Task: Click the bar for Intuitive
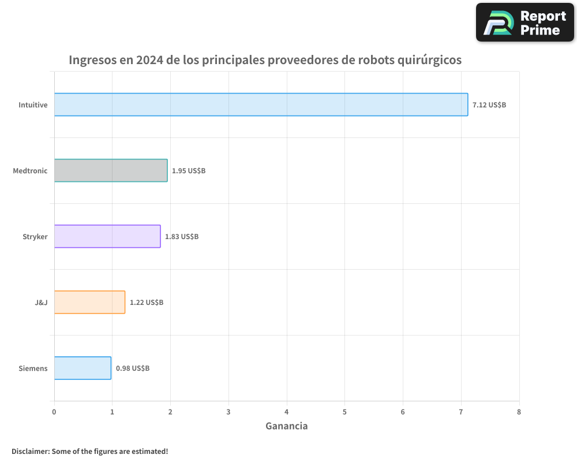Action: [x=261, y=105]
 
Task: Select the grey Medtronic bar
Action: [x=111, y=170]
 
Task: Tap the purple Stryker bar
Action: [x=107, y=236]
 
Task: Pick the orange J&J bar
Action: [x=89, y=302]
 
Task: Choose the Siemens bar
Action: [x=83, y=368]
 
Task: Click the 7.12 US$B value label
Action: [x=489, y=105]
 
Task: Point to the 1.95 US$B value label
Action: [x=189, y=171]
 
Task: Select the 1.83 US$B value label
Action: [x=182, y=237]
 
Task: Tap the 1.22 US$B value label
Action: [x=147, y=303]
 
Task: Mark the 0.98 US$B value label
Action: [x=133, y=368]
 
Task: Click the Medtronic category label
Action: [x=30, y=171]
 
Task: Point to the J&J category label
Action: [x=41, y=303]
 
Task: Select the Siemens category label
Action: [x=33, y=368]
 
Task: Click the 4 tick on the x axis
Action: [x=287, y=412]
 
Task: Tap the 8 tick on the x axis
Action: [x=519, y=412]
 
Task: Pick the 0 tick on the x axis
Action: [x=54, y=412]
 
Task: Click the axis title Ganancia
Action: [x=287, y=426]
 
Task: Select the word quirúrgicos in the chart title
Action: [x=426, y=60]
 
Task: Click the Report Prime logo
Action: [x=524, y=23]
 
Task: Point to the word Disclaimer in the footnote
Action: [x=29, y=451]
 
